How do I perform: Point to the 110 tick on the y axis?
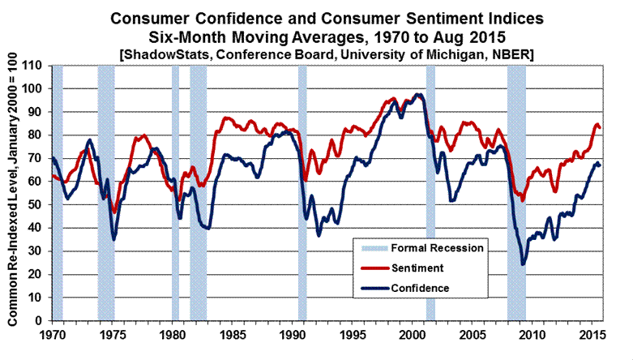(35, 66)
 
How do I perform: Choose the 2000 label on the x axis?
(411, 334)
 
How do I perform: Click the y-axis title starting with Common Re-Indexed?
(11, 193)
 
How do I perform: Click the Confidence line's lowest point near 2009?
(523, 264)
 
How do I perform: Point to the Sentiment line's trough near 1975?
(114, 212)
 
